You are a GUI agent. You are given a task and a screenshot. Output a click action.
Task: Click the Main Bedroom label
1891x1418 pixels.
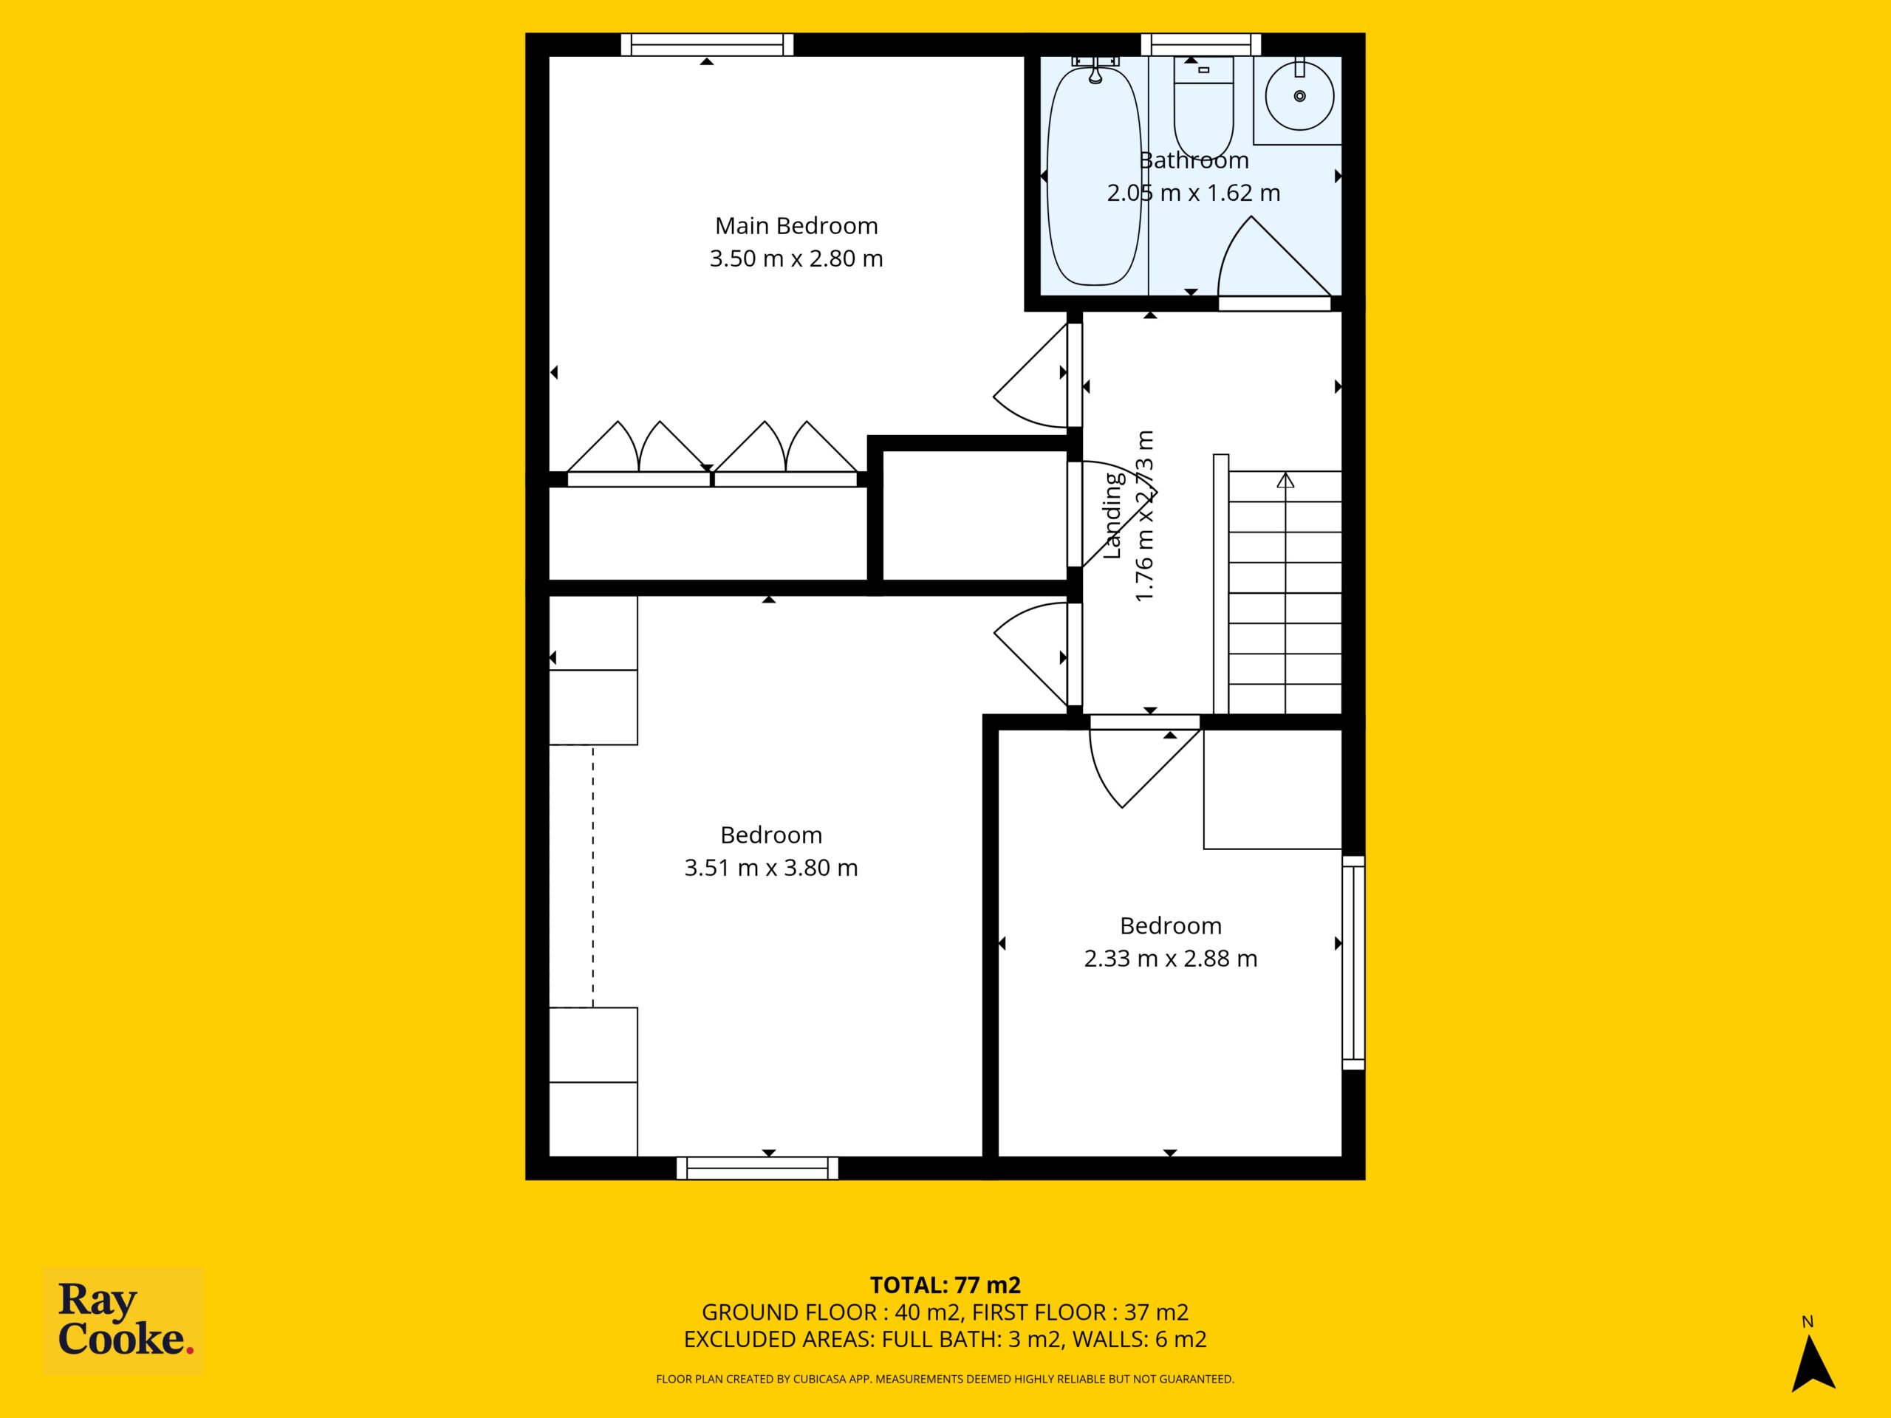[796, 226]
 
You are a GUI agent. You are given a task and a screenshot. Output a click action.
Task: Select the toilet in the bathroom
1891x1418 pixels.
[1204, 107]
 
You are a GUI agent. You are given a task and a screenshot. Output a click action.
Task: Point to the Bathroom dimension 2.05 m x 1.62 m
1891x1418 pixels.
[1194, 193]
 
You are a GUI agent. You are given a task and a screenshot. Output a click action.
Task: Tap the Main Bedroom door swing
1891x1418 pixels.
[1030, 376]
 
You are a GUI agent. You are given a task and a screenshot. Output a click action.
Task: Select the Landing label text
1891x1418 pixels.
[1112, 516]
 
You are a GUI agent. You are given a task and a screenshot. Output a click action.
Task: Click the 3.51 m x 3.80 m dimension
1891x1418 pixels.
[771, 868]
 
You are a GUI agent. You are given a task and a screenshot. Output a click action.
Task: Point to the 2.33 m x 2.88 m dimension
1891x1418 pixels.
[1170, 958]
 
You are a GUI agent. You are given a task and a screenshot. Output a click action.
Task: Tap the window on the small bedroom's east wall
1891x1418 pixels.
[1353, 962]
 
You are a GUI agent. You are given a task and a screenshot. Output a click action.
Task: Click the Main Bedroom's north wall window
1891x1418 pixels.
[707, 44]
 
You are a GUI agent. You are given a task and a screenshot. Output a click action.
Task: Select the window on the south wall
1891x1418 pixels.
[757, 1168]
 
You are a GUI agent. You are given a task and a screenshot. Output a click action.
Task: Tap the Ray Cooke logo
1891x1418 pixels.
[123, 1321]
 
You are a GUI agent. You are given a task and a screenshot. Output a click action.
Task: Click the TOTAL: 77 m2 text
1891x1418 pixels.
[945, 1284]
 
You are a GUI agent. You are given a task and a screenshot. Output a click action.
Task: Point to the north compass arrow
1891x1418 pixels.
[1813, 1363]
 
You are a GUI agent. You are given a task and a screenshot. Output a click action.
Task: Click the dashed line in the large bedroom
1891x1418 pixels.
[592, 876]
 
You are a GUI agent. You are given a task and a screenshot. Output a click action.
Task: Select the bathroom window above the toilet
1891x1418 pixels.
[1201, 44]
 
